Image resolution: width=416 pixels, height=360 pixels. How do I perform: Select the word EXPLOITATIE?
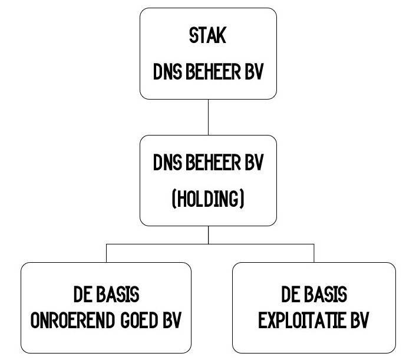pyautogui.click(x=302, y=322)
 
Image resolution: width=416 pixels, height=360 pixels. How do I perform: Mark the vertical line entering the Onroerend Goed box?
pyautogui.click(x=106, y=253)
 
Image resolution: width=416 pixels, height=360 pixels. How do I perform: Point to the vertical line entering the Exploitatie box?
pyautogui.click(x=313, y=253)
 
